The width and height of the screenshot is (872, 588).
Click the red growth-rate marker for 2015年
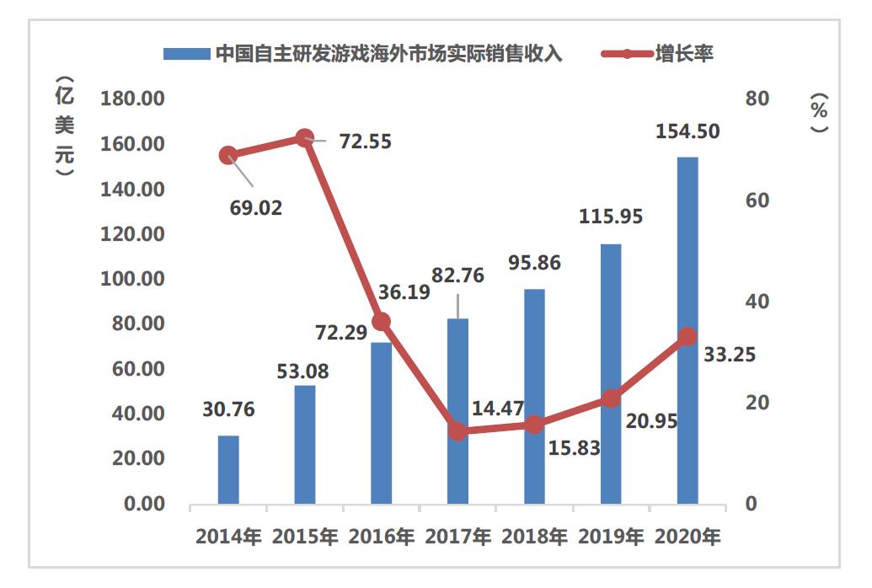pos(305,138)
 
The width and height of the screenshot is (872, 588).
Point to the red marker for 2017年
pos(457,430)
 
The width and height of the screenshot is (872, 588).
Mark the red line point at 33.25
pos(687,336)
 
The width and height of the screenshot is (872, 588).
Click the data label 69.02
pos(256,207)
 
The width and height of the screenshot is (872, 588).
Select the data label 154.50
pos(688,132)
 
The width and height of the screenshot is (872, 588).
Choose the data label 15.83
pos(574,447)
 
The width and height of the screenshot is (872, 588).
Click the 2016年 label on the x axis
pos(382,537)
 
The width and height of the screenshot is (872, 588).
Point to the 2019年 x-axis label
pos(611,537)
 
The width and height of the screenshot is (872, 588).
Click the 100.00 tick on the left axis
pos(132,279)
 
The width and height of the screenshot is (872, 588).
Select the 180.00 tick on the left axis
pos(132,99)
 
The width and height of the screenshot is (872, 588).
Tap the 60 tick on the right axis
pos(758,200)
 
